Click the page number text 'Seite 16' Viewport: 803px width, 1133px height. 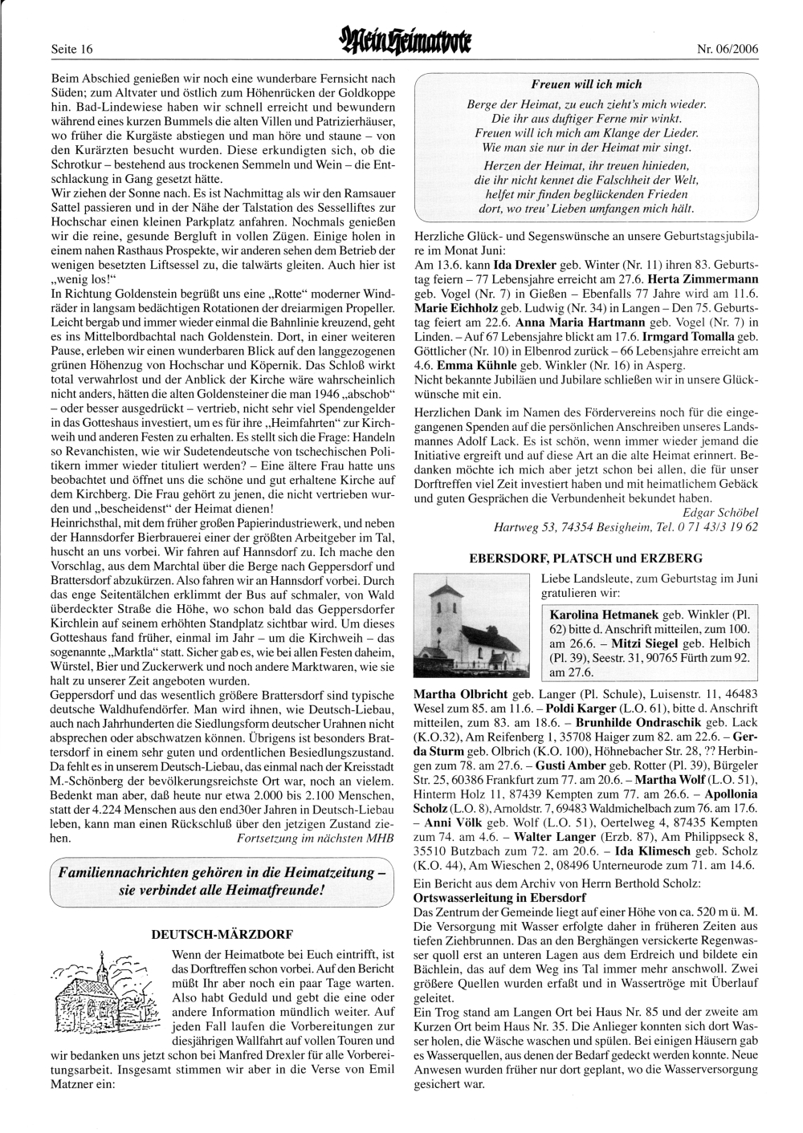(72, 49)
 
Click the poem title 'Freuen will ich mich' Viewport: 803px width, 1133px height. (586, 84)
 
